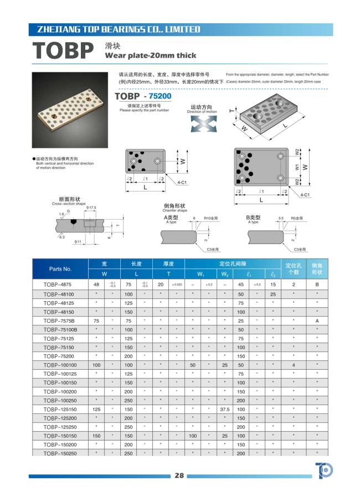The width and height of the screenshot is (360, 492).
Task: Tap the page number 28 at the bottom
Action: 179,475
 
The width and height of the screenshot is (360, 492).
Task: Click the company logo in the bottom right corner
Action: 324,471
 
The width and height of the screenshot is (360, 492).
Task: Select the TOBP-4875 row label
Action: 59,285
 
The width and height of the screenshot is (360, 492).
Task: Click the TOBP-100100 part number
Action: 59,365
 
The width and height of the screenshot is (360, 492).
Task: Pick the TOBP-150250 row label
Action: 59,453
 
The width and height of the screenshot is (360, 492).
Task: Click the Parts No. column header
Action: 60,269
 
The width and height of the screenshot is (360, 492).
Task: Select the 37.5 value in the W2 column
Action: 225,409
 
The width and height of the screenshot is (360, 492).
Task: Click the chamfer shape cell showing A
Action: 317,320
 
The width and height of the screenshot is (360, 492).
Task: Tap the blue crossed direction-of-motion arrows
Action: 201,123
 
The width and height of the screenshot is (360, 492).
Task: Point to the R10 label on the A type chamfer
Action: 211,219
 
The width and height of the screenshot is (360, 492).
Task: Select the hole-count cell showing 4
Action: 294,365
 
